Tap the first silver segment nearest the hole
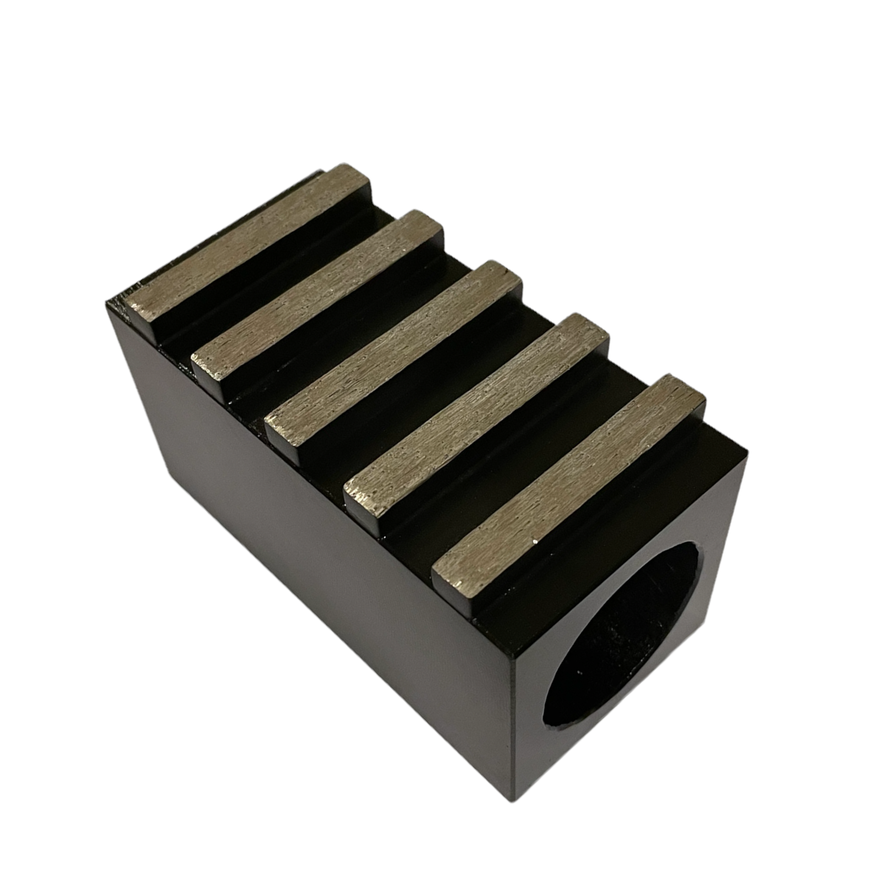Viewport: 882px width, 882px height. [568, 480]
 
